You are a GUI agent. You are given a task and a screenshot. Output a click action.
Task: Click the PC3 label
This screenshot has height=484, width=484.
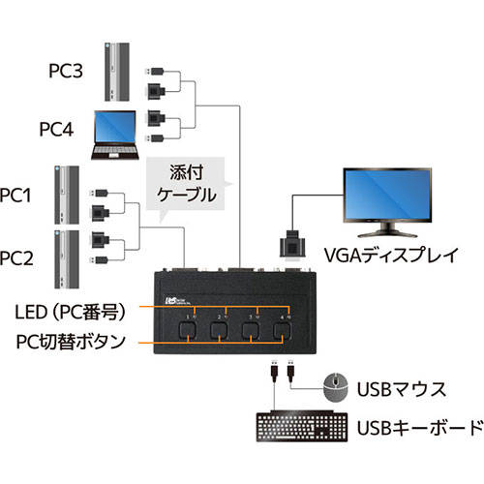(x=66, y=71)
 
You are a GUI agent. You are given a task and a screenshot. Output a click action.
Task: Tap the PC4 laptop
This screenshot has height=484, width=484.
(x=115, y=135)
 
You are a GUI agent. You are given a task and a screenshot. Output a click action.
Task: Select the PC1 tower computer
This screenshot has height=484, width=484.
(x=67, y=195)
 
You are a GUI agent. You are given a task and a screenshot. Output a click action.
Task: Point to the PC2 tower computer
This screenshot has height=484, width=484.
(x=67, y=259)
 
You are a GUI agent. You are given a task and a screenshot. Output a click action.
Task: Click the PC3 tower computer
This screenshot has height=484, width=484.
(x=117, y=72)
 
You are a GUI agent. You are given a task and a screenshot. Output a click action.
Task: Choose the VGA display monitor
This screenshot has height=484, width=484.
(x=387, y=202)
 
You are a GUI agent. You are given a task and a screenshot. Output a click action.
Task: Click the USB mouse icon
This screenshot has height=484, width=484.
(x=336, y=387)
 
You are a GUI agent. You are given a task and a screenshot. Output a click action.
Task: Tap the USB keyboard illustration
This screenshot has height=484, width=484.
(x=302, y=427)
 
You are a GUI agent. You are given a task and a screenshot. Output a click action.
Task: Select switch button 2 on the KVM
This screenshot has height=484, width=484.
(x=219, y=331)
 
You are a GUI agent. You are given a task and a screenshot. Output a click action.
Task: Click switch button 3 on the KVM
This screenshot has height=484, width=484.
(x=251, y=331)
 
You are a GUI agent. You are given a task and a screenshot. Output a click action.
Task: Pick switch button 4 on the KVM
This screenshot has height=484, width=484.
(x=283, y=331)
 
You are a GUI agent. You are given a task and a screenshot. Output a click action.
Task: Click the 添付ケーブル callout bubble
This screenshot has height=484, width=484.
(x=186, y=185)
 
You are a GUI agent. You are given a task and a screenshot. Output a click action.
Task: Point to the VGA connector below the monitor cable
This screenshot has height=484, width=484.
(x=292, y=245)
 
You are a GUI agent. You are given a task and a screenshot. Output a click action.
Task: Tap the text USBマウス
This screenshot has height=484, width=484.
(x=402, y=389)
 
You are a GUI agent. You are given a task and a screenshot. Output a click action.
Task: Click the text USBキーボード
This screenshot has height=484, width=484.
(x=420, y=428)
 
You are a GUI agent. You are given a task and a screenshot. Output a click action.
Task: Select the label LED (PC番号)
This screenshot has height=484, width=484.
(x=70, y=312)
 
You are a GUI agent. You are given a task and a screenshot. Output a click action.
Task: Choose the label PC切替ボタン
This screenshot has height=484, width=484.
(x=71, y=342)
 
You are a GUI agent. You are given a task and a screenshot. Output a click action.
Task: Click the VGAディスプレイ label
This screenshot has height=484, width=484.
(x=391, y=256)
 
